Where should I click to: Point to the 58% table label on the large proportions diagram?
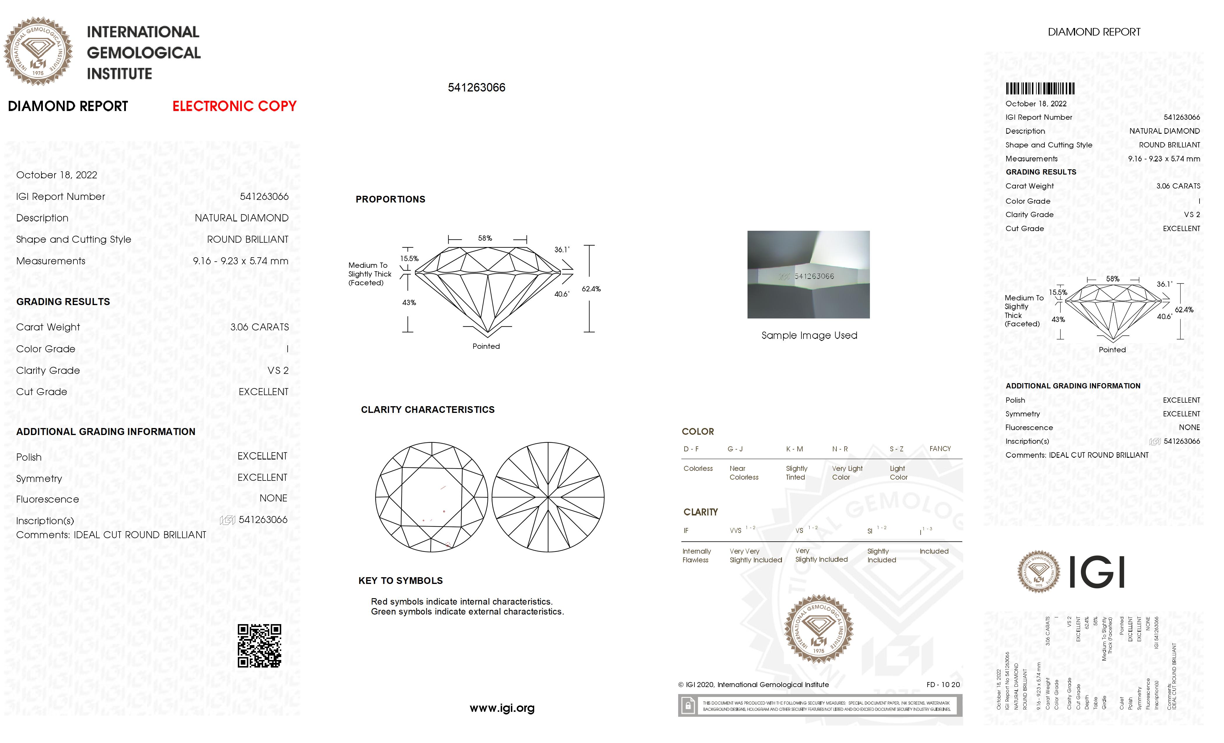tap(485, 238)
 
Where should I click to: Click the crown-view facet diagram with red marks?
tap(431, 497)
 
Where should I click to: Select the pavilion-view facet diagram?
tap(548, 497)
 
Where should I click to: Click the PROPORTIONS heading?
tap(391, 199)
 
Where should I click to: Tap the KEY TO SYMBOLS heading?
tap(400, 581)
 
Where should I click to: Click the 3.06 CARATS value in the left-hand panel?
tap(259, 327)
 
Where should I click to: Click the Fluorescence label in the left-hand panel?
tap(48, 499)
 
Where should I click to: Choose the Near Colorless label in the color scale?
tap(744, 473)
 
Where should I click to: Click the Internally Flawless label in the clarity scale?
tap(697, 555)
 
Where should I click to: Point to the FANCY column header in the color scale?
tap(940, 448)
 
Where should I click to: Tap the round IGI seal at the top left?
tap(38, 51)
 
